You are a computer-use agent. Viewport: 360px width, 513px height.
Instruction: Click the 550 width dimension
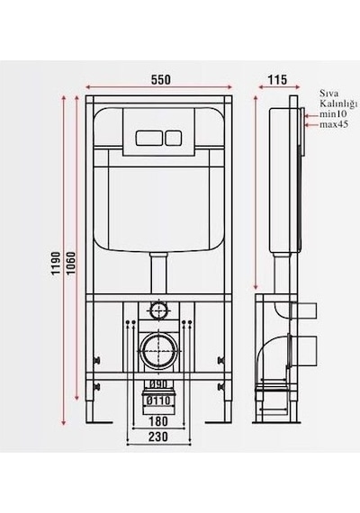click(161, 79)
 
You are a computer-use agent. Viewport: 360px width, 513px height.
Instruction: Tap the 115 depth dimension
click(277, 79)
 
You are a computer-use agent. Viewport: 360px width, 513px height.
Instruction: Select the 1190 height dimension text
click(57, 263)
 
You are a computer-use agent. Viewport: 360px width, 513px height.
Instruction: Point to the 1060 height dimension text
click(71, 263)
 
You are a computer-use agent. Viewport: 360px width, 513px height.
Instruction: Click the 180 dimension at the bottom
click(158, 421)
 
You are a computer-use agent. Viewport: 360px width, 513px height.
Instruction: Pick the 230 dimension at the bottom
click(158, 436)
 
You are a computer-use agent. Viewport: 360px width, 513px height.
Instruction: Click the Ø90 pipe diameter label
click(158, 383)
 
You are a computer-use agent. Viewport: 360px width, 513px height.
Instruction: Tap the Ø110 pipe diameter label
click(158, 400)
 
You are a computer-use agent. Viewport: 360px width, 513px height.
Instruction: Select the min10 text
click(334, 114)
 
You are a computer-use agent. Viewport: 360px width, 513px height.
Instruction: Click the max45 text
click(334, 124)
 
